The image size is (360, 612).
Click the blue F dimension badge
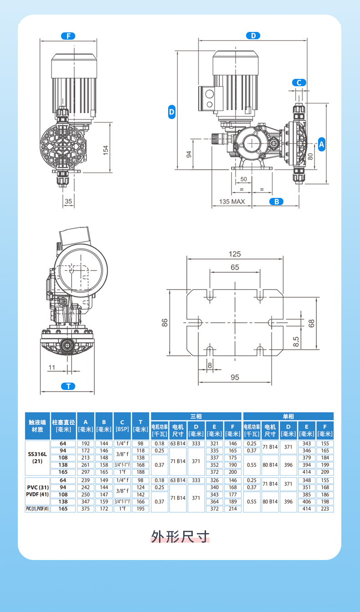pos(68,36)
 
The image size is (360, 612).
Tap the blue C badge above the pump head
pos(299,83)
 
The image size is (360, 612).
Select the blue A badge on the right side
pos(321,144)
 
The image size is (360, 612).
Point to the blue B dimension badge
pos(276,202)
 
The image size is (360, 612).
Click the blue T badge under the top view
pos(68,386)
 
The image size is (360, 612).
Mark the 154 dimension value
pos(106,150)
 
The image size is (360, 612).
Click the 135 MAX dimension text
pos(232,202)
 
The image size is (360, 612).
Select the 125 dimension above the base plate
pos(235,254)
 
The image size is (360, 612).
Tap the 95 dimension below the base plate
pos(235,378)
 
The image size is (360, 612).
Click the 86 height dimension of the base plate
pos(165,322)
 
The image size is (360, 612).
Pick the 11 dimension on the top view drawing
pos(51,367)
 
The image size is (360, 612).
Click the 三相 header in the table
pos(196,416)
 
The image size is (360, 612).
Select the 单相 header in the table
pos(288,416)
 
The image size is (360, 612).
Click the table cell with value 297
pos(85,472)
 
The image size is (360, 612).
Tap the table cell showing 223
pos(325,509)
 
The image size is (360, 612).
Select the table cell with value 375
pos(85,509)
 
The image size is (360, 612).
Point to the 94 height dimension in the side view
pos(189,154)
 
